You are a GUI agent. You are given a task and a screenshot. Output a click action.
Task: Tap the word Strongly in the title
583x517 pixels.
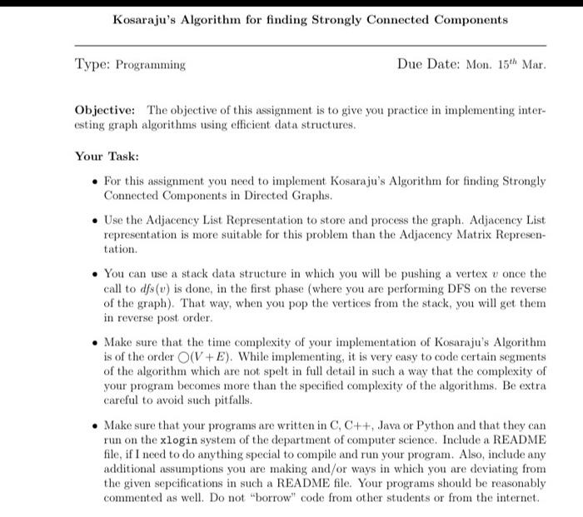point(352,18)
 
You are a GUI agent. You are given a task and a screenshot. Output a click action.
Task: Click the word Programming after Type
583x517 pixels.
point(150,64)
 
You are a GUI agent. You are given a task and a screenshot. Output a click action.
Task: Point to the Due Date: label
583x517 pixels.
point(429,63)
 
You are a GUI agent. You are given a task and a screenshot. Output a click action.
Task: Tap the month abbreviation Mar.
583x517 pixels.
point(533,63)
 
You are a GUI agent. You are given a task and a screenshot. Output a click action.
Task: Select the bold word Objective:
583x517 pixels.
point(106,111)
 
